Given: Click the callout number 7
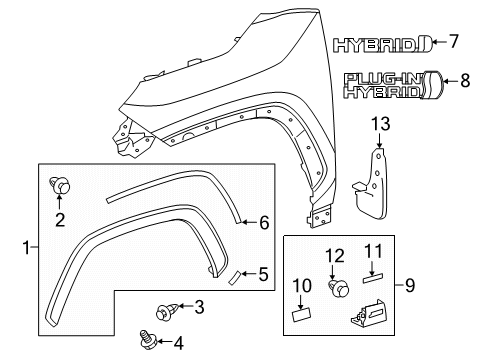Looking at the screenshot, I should [x=454, y=42].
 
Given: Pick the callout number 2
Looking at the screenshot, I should [x=60, y=219].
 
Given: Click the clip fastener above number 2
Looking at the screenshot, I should [x=60, y=184].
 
